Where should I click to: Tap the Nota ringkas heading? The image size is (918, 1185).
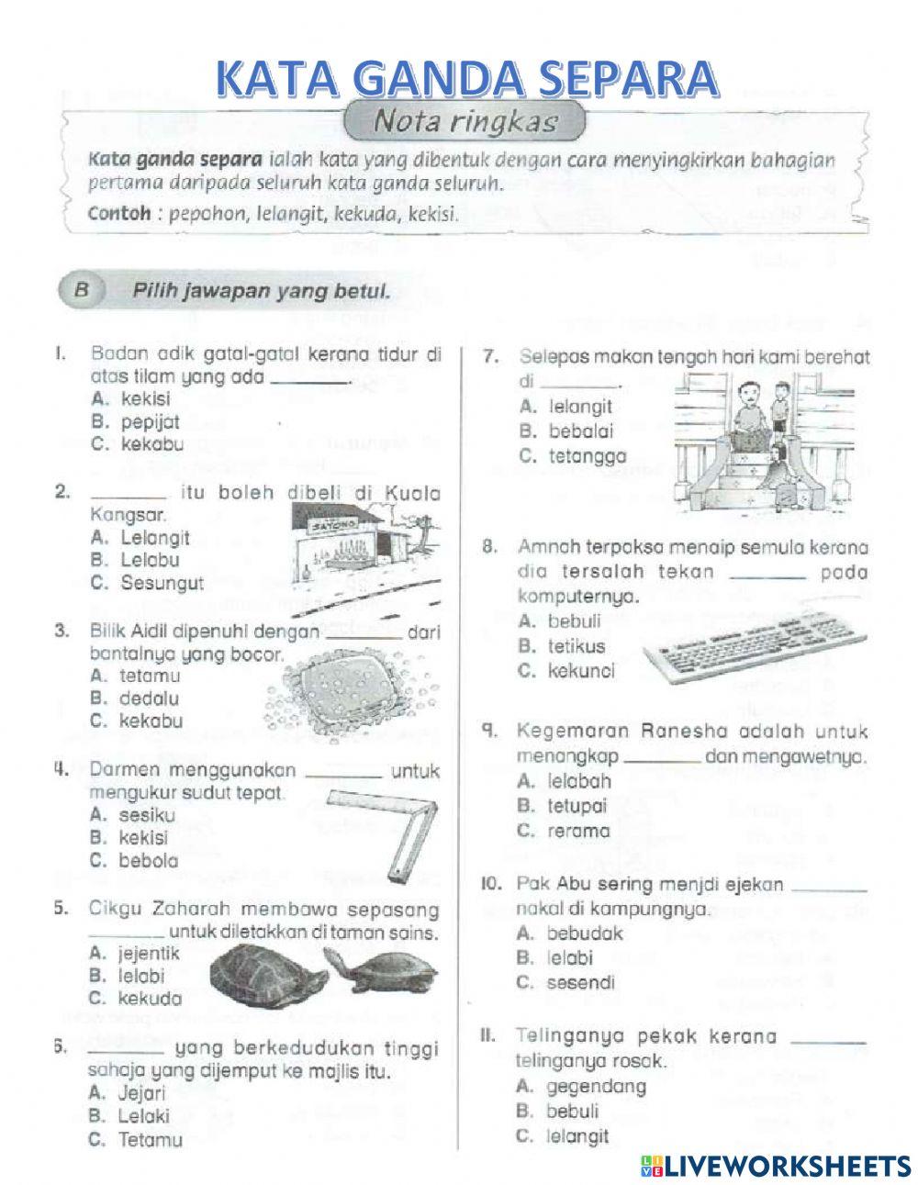(465, 122)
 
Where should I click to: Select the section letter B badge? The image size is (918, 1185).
(81, 292)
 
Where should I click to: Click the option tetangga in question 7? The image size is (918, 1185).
(574, 455)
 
